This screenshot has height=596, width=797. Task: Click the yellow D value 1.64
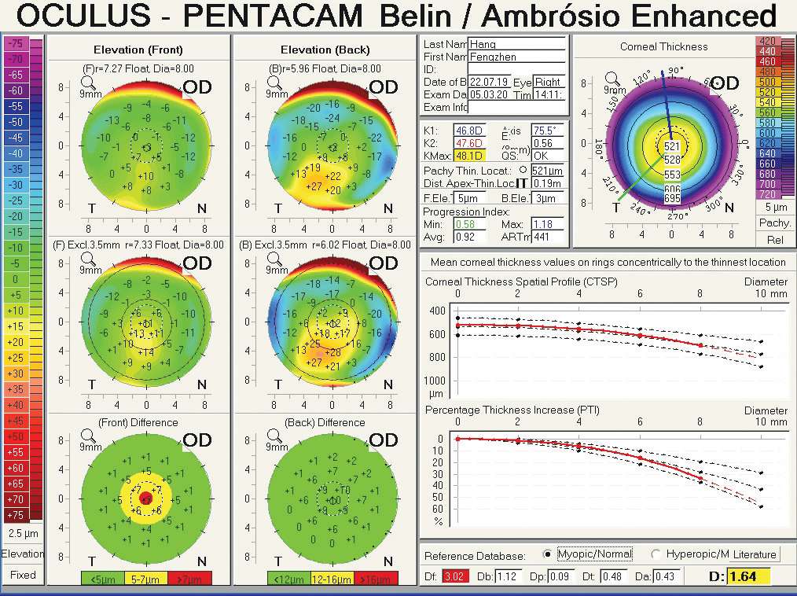(x=742, y=576)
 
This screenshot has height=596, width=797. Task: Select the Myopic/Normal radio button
(x=548, y=554)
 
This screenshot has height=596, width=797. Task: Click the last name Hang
(x=483, y=44)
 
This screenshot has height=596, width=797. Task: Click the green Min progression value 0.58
(x=443, y=224)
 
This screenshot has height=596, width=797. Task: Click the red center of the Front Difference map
(x=145, y=499)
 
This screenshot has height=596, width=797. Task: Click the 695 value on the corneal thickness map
(x=672, y=199)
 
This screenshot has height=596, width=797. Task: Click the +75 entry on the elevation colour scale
(x=16, y=515)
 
